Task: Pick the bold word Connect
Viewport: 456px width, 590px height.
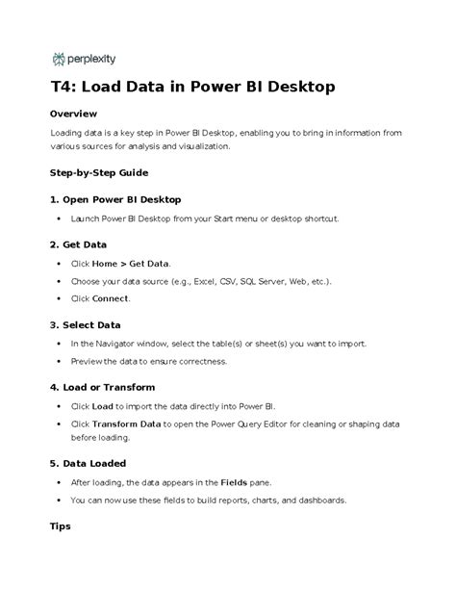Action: pos(111,299)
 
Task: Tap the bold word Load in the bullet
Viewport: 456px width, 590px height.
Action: pos(103,406)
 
